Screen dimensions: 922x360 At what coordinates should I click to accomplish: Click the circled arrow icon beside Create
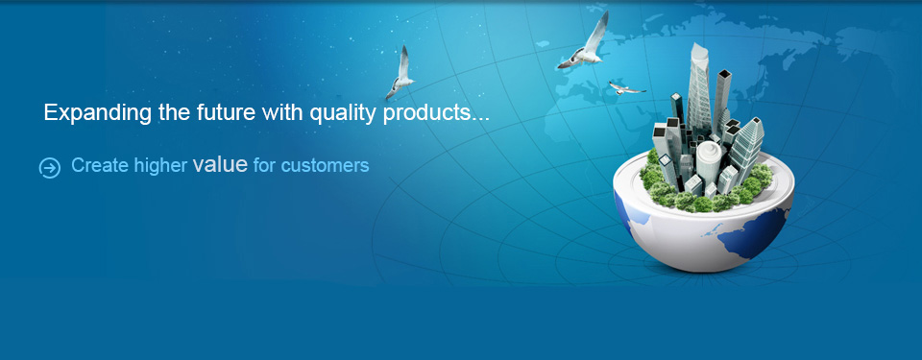click(49, 168)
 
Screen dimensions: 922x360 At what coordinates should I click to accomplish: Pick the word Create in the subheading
click(100, 166)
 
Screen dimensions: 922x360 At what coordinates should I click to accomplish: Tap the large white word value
click(220, 165)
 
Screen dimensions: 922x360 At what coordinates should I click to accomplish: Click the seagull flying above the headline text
click(400, 74)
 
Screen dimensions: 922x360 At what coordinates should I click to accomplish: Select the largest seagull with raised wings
click(585, 42)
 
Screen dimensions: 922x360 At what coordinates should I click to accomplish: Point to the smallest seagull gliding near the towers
click(625, 88)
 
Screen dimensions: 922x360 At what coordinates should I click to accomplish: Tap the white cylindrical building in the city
click(709, 162)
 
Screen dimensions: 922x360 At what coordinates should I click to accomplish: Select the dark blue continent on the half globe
click(752, 233)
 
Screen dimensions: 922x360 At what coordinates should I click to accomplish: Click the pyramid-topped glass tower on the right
click(745, 147)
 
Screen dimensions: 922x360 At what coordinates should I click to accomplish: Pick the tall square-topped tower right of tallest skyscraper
click(722, 97)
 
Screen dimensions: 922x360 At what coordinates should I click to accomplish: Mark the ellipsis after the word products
click(480, 118)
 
